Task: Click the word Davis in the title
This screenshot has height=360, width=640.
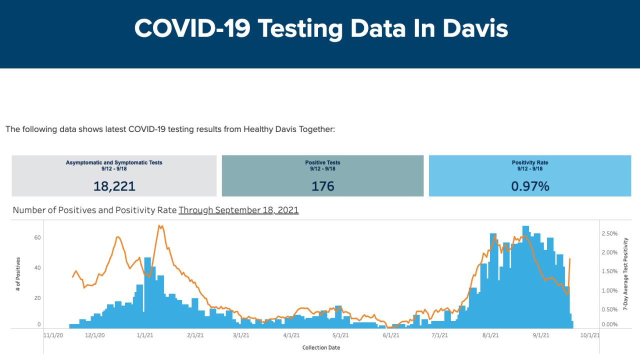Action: pos(475,28)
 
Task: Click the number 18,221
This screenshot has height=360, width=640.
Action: pos(114,186)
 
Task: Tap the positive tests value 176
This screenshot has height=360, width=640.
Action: pos(322,186)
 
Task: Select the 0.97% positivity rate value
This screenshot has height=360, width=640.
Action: pos(530,186)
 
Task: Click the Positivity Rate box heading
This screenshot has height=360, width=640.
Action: pos(530,162)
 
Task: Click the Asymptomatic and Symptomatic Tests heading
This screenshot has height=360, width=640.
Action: pos(114,162)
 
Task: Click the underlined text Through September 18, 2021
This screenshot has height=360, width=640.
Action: pos(238,210)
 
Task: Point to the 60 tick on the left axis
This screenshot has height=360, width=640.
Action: pos(37,238)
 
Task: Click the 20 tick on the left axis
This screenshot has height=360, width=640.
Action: pos(37,298)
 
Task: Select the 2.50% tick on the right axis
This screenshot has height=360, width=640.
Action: pos(609,233)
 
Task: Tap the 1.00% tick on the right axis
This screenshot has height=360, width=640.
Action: pos(609,290)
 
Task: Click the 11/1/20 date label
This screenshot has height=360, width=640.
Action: pos(53,336)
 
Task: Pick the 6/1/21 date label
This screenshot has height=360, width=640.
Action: pos(391,336)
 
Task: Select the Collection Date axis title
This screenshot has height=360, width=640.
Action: pos(321,347)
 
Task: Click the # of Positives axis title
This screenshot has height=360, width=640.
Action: pos(18,274)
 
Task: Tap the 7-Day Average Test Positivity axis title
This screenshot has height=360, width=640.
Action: pos(625,274)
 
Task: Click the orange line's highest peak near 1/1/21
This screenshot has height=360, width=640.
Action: pos(160,226)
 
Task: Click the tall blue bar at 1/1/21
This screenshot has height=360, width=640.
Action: pos(147,292)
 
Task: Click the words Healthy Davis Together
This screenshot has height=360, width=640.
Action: pos(288,129)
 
